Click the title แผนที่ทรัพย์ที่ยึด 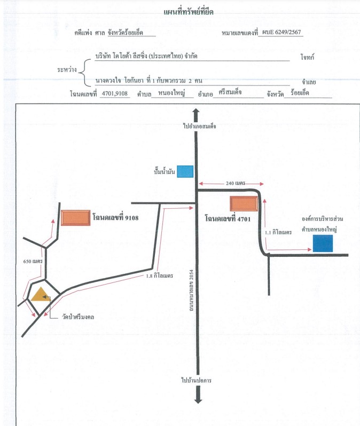pos(189,12)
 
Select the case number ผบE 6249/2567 pos(281,32)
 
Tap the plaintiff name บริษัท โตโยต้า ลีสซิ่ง pos(125,56)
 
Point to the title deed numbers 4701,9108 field pos(114,93)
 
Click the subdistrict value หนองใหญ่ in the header pos(171,93)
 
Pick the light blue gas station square pos(185,171)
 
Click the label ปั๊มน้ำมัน pos(164,171)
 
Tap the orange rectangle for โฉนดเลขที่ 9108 pos(76,218)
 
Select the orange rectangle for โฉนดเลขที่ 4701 pos(244,203)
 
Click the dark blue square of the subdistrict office pos(323,243)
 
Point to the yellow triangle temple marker pos(40,295)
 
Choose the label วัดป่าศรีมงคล pos(78,317)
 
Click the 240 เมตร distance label pos(236,184)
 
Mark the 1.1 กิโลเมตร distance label pos(278,232)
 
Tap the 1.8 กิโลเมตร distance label pos(159,275)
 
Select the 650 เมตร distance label pos(33,262)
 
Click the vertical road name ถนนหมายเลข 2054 pos(191,290)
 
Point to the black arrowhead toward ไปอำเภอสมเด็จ pos(196,112)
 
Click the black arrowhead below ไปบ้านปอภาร pos(198,400)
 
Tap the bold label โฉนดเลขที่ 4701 pos(228,219)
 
